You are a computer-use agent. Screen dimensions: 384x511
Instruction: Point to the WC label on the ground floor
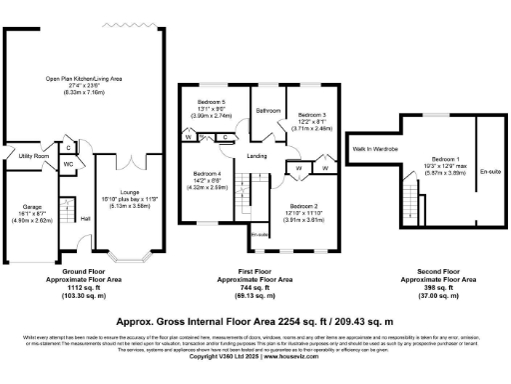click(68, 164)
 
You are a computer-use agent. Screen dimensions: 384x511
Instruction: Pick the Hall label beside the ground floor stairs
click(85, 217)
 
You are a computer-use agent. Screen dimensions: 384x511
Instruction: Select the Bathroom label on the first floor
click(266, 110)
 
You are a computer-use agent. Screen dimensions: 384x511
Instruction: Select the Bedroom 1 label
click(445, 160)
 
